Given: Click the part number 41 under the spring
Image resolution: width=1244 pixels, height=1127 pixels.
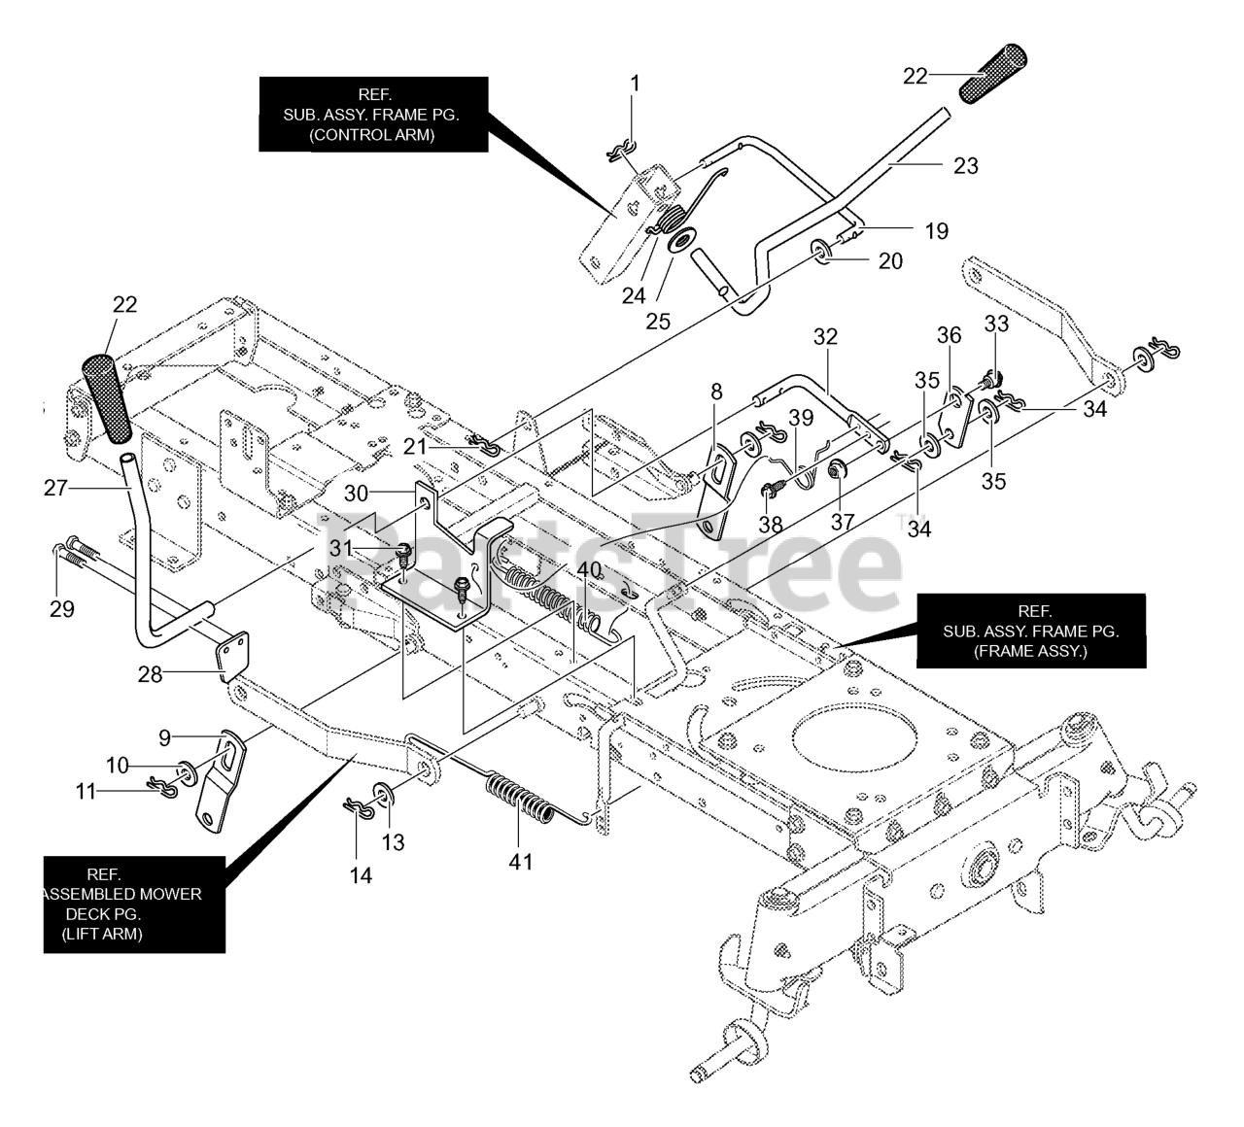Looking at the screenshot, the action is click(520, 862).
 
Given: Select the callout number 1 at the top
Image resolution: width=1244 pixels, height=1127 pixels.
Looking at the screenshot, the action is click(635, 84).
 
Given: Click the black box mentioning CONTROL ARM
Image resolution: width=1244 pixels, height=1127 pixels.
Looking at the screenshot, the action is click(373, 114).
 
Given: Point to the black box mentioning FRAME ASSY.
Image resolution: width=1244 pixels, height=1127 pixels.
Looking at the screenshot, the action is click(1030, 632).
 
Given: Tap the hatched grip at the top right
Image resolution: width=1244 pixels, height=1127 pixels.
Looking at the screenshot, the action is click(993, 73).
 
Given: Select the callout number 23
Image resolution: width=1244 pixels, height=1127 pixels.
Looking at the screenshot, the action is click(965, 165).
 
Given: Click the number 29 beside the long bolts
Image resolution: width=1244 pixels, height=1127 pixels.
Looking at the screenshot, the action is click(62, 609).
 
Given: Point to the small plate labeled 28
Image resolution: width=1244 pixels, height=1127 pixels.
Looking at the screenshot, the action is click(233, 656).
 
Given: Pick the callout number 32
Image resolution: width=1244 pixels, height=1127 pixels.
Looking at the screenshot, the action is click(825, 336).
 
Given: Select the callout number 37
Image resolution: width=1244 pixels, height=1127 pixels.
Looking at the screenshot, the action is click(843, 522).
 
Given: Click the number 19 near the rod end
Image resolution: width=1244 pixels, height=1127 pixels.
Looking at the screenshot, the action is click(937, 230).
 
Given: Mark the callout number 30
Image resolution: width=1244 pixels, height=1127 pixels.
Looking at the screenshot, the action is click(356, 494).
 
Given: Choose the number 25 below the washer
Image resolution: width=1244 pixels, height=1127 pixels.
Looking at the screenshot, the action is click(658, 322).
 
